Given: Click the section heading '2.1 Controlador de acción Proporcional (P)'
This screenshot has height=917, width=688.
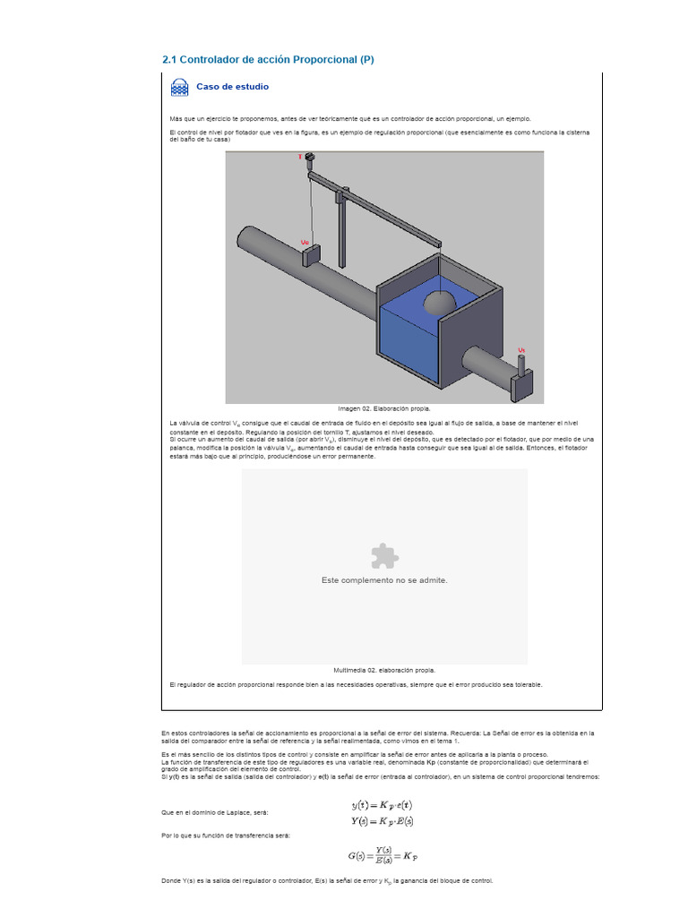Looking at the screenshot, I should (268, 60).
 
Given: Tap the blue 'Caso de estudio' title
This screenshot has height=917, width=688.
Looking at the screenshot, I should (232, 87).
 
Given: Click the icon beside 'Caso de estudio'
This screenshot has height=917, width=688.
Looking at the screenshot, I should (180, 88).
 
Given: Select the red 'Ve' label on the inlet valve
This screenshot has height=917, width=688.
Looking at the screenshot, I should (305, 242).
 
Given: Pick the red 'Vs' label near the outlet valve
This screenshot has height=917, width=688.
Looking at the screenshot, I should (521, 350).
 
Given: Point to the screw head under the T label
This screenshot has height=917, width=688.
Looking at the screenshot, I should (310, 161).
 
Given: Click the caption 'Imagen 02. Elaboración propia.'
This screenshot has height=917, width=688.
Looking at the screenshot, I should (383, 407).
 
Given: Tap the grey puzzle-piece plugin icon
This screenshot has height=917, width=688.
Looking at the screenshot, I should (384, 556).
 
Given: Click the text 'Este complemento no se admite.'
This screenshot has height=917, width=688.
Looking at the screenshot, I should (384, 580).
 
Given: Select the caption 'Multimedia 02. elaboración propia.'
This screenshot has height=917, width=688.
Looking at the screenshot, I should (384, 670).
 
